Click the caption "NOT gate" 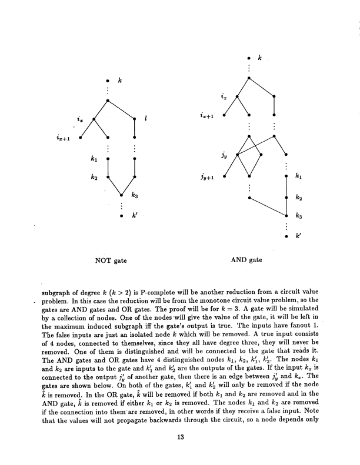(112, 259)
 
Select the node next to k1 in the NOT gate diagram (108, 159)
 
